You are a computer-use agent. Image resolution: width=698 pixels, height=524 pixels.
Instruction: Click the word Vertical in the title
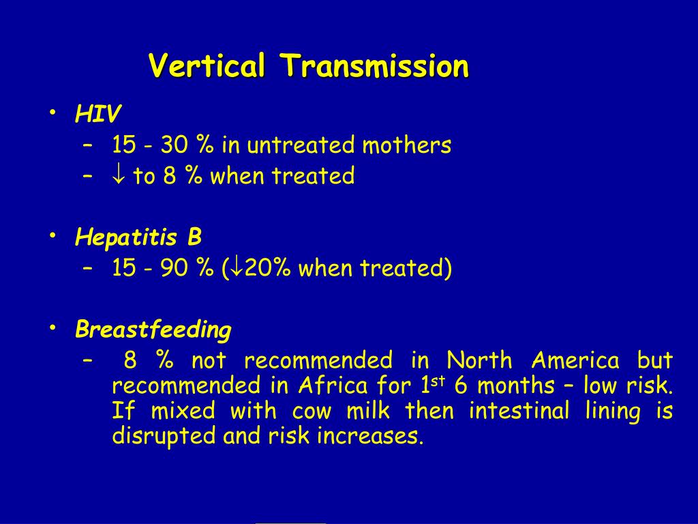click(207, 65)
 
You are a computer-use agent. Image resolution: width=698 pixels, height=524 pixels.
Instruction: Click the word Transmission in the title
click(374, 65)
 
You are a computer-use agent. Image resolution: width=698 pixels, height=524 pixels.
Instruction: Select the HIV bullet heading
click(98, 114)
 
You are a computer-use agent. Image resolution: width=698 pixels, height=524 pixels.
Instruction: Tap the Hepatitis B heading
click(138, 237)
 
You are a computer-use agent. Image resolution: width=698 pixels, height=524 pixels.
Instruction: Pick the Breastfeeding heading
click(153, 330)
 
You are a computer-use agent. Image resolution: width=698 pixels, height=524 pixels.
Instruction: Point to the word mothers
click(406, 145)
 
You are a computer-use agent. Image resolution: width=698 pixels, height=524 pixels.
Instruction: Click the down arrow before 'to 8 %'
click(119, 175)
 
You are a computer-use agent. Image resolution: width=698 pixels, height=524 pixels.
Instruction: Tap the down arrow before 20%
click(237, 268)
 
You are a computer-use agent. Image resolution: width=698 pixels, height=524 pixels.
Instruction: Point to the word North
click(479, 360)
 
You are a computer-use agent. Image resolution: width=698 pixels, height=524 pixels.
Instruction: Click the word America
click(575, 360)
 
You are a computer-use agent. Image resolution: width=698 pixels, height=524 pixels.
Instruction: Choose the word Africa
click(333, 385)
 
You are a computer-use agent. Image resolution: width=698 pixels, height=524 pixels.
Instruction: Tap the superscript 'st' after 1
click(438, 381)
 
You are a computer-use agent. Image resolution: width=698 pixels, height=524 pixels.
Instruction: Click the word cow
click(312, 411)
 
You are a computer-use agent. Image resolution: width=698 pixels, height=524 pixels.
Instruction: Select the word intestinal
click(519, 410)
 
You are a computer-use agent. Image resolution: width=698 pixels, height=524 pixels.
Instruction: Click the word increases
click(370, 436)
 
